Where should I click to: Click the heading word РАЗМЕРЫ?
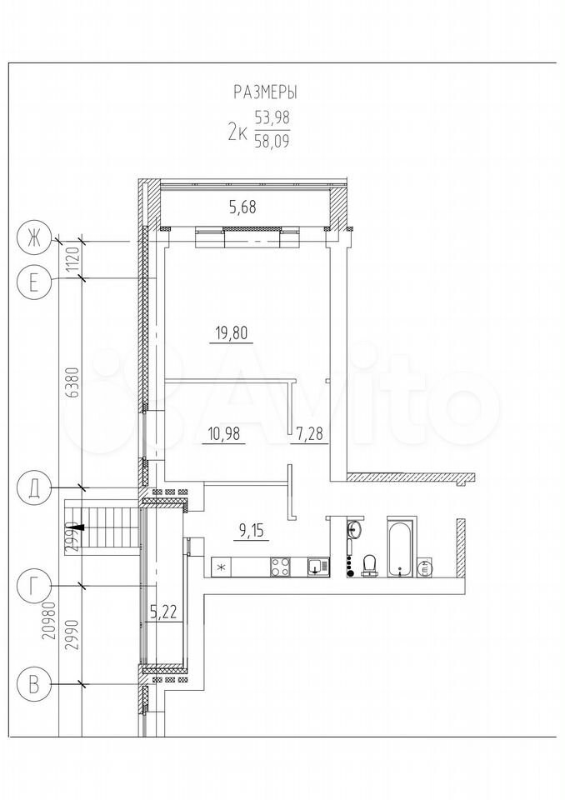click(265, 92)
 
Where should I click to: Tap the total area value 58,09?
click(272, 140)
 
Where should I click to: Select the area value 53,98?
click(272, 117)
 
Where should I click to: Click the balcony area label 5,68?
click(242, 207)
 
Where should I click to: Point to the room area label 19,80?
click(231, 333)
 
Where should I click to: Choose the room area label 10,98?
click(223, 434)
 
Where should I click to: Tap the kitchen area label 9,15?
click(251, 532)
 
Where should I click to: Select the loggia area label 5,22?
click(163, 611)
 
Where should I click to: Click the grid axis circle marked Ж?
click(33, 238)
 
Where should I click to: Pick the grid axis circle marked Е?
click(33, 282)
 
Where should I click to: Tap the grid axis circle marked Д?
click(33, 489)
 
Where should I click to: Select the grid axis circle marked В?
click(33, 684)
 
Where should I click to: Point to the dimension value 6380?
click(73, 383)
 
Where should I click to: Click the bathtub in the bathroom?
click(400, 547)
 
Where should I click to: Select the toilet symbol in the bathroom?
click(369, 566)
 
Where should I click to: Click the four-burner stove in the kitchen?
click(280, 567)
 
